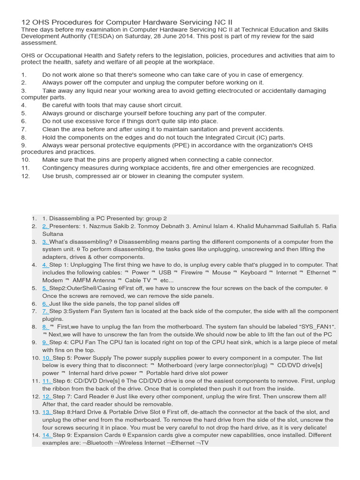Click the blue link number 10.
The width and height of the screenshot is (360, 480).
coord(47,358)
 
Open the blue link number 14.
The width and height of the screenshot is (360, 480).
coord(47,435)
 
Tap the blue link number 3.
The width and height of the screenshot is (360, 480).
coord(45,242)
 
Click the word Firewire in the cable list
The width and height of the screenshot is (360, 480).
coord(192,272)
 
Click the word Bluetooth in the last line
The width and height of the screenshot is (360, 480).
coord(100,442)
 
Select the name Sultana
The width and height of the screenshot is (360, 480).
coord(53,233)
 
